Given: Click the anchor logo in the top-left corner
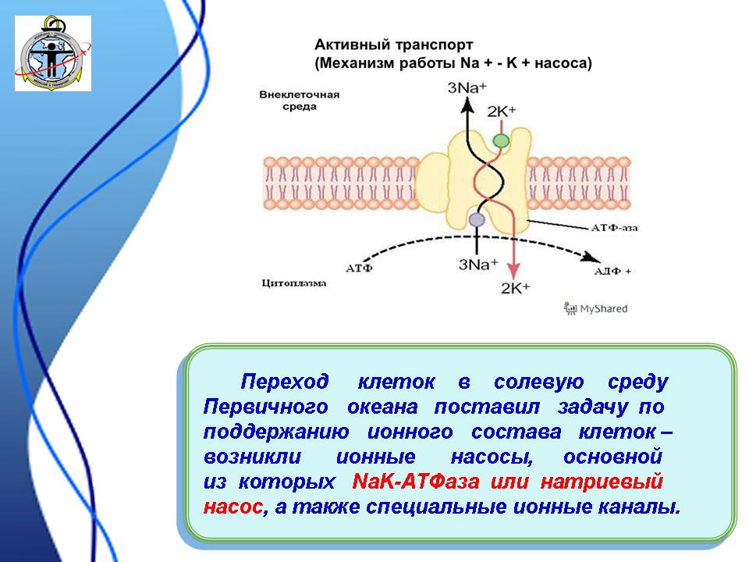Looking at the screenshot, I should point(53,54).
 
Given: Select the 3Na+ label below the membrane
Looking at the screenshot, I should point(478,264).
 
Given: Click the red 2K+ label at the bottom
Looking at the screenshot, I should point(515,288).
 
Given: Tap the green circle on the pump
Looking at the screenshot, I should point(500,141).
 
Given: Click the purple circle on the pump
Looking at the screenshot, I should point(477,220).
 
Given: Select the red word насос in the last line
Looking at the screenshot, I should point(233,507).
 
